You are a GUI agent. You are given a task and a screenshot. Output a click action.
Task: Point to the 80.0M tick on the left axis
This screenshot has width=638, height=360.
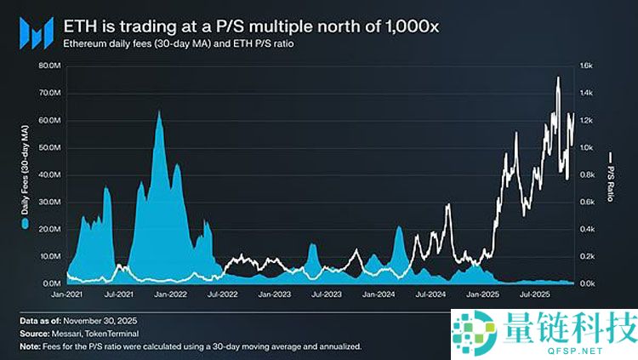click(49, 66)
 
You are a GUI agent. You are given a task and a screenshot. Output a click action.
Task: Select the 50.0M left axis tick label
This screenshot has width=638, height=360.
click(49, 147)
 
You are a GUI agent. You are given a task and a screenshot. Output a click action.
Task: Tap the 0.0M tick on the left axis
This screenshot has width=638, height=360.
click(51, 283)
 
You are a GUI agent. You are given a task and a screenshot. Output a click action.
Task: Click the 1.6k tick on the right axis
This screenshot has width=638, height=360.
click(591, 66)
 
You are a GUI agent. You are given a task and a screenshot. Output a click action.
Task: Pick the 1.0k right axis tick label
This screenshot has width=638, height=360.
click(591, 147)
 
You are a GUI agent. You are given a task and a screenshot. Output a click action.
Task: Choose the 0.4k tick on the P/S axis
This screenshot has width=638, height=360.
click(591, 229)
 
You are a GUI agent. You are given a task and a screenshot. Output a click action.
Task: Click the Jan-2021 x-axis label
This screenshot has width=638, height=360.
click(67, 294)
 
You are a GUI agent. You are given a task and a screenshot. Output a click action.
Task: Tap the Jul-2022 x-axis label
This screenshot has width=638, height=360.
click(223, 294)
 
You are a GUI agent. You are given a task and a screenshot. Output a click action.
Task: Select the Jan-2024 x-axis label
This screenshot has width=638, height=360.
click(378, 294)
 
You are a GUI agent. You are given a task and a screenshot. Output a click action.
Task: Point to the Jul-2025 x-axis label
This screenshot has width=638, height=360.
click(533, 294)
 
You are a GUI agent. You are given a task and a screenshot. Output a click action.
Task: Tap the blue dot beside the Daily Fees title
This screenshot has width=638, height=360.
click(25, 223)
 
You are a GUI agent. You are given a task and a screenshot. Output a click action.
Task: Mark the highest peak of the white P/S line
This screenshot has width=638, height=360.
click(558, 77)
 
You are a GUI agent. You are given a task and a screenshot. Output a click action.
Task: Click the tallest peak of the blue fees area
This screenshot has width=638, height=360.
click(159, 111)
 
